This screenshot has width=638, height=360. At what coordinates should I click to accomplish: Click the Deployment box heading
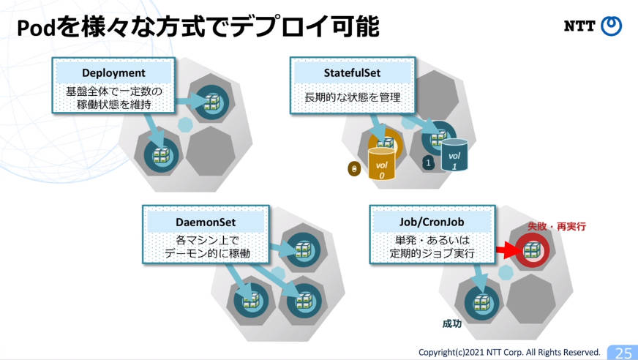(113, 73)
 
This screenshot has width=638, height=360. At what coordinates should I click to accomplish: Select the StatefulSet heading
(352, 73)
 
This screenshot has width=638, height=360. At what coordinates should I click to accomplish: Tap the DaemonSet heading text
(206, 222)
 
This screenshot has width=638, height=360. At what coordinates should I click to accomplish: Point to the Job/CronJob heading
(432, 222)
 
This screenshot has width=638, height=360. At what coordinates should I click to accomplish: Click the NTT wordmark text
(579, 26)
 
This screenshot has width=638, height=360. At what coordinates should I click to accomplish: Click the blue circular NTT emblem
(612, 26)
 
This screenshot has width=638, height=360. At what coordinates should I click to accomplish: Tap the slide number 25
(623, 352)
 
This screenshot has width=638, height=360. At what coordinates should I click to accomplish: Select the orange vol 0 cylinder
(381, 163)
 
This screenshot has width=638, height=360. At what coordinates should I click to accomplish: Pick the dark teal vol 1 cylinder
(454, 154)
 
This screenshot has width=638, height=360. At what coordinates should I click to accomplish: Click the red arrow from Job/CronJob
(506, 250)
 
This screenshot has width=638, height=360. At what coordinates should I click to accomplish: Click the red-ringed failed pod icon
(532, 250)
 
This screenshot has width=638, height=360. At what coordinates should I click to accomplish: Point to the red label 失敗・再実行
(557, 226)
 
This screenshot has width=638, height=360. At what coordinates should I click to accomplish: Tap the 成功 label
(451, 324)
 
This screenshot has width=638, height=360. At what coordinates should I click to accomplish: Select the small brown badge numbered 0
(354, 169)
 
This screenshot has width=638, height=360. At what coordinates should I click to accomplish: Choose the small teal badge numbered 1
(427, 162)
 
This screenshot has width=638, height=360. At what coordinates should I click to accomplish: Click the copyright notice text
(509, 352)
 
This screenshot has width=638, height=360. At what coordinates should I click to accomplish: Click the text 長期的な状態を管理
(353, 97)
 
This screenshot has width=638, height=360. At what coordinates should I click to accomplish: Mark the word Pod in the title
(36, 28)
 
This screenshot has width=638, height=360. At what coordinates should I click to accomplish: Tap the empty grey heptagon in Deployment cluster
(210, 151)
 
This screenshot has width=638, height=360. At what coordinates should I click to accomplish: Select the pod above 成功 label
(481, 304)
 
